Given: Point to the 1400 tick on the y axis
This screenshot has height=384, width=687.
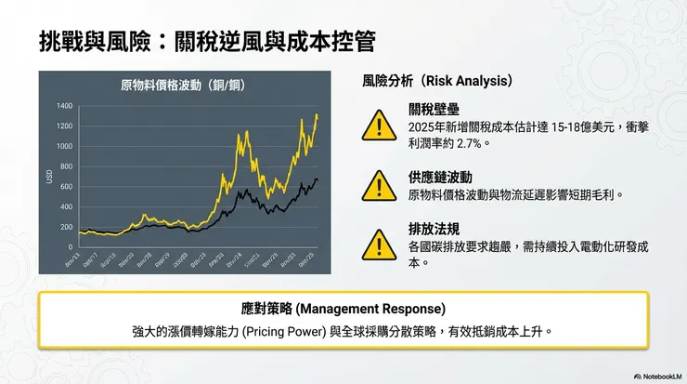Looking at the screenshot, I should (x=63, y=106).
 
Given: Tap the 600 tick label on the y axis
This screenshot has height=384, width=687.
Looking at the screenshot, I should (x=65, y=187).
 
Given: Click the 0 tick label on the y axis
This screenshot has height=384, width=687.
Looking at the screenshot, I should (x=70, y=247).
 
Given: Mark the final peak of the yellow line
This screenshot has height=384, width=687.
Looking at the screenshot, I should (x=317, y=115).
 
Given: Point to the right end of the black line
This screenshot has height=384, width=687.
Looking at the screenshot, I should (x=317, y=179).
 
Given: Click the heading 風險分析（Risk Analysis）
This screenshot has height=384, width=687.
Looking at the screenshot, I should (x=438, y=81).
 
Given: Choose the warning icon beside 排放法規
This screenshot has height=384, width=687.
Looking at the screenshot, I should (x=377, y=244).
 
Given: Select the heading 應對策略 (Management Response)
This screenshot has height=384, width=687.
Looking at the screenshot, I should (x=343, y=308).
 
